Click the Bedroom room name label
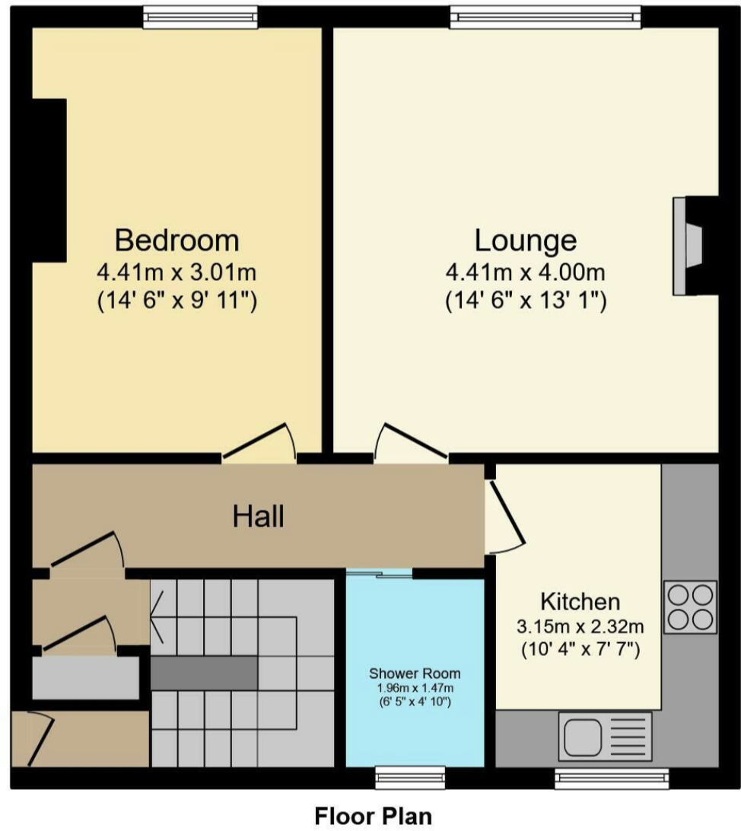coord(177,240)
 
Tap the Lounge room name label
coord(525,240)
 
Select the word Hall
coord(259,517)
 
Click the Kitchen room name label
coord(580,602)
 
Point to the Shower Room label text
coord(415,673)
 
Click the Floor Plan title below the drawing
coord(374,816)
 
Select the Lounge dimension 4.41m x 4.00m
coord(525,272)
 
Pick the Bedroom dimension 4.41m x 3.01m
coord(177,272)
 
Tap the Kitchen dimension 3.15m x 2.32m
coord(580,628)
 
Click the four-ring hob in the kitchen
coord(690,607)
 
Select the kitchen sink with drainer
coord(605,736)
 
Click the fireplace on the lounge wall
coord(689,246)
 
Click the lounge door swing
coord(407,443)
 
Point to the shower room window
coord(410,777)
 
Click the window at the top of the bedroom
coord(200,17)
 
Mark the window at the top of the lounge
coord(544,17)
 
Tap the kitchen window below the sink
coord(611,777)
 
